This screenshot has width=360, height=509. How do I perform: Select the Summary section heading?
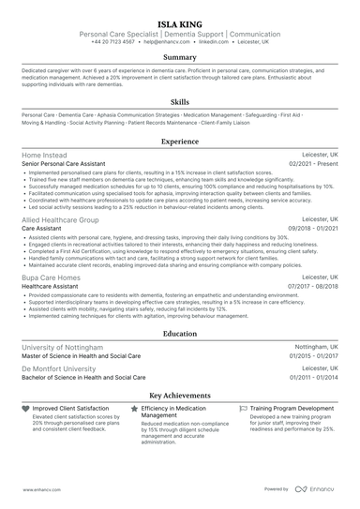[180, 56]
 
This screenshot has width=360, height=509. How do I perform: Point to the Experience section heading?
[180, 142]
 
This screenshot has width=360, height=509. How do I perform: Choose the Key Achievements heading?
[180, 396]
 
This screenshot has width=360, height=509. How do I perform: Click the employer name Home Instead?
[44, 154]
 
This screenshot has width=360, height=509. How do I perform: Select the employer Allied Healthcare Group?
[60, 218]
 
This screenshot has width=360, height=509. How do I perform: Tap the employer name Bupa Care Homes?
[52, 277]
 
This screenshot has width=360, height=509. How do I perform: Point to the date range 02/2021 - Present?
[314, 163]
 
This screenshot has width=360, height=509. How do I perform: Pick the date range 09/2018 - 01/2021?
[314, 228]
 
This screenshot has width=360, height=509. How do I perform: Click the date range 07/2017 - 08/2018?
[314, 287]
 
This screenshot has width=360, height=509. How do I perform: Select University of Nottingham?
[62, 346]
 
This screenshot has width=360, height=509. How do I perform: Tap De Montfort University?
[58, 368]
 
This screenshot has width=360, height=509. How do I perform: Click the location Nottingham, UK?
[315, 346]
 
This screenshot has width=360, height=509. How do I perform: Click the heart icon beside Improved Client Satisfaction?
[25, 410]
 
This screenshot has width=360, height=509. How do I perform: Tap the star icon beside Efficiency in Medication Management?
[135, 410]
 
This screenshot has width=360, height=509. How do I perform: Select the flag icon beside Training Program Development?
[244, 410]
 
